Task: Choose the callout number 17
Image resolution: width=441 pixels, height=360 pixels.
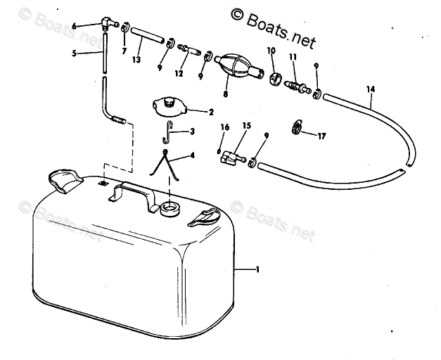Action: (322, 136)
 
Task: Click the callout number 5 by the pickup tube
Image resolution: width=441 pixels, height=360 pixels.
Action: (75, 53)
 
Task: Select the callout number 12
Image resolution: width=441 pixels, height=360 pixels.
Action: (179, 73)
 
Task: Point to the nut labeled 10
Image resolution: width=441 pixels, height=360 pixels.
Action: (273, 75)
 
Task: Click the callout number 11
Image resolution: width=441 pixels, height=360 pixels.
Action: (293, 57)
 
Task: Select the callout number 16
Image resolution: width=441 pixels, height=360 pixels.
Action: (225, 127)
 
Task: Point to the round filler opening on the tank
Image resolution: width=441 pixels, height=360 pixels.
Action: (170, 208)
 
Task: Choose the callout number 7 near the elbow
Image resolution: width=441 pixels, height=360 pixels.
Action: (124, 51)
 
